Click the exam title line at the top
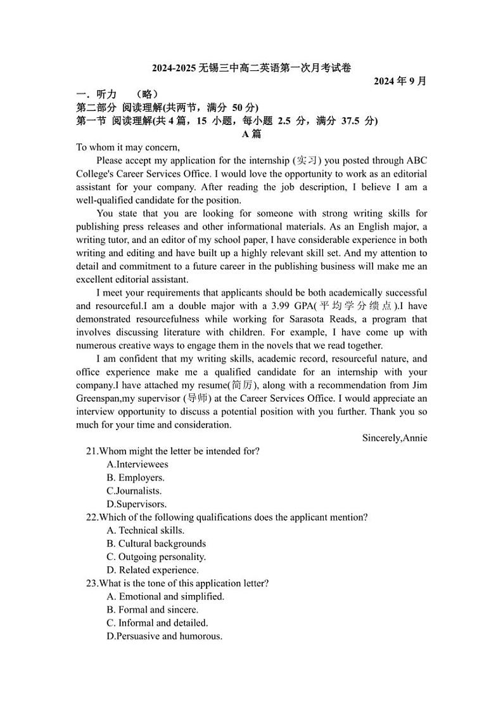tap(251, 68)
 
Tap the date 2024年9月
tap(400, 81)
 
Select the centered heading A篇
tap(251, 134)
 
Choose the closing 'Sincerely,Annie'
tap(395, 438)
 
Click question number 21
tap(92, 451)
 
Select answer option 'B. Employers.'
tap(136, 478)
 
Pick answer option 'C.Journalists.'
tap(134, 491)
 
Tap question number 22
tap(92, 517)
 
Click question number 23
tap(92, 584)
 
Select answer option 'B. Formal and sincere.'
tap(153, 610)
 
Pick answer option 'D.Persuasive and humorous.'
tap(165, 636)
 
